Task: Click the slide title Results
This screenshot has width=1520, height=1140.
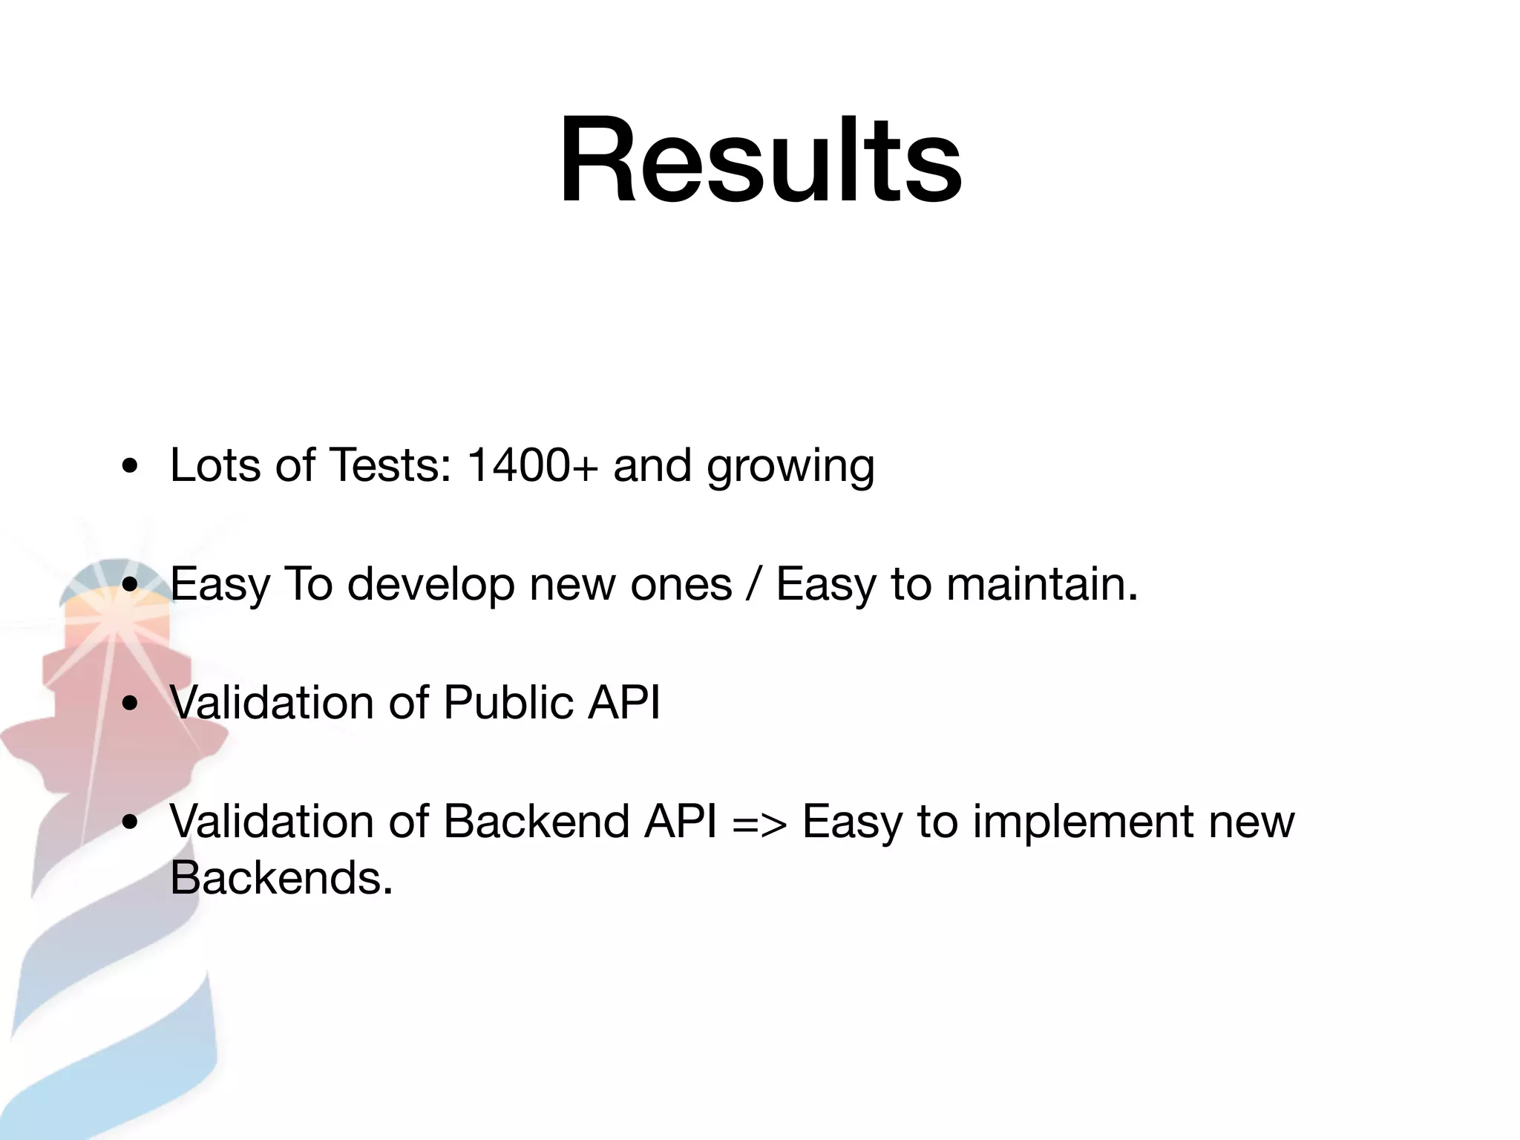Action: pos(760,160)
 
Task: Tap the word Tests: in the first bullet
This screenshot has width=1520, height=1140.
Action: pos(390,465)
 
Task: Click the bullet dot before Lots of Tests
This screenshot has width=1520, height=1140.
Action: pos(131,468)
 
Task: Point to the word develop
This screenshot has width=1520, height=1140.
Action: pos(430,585)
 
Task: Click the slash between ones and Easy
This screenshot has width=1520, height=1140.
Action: pos(754,584)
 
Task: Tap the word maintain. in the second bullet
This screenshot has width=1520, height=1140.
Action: pos(1042,584)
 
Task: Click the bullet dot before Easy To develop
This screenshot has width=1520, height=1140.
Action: pos(131,585)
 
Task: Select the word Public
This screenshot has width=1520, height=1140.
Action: pos(508,702)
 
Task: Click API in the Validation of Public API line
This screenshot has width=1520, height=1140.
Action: pos(623,702)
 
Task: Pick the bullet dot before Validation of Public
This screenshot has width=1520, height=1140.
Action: pos(131,704)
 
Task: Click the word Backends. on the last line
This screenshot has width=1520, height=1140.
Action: pos(281,878)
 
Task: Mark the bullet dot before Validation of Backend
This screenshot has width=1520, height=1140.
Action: pos(131,822)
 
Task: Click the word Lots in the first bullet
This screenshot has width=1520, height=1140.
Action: pos(215,465)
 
